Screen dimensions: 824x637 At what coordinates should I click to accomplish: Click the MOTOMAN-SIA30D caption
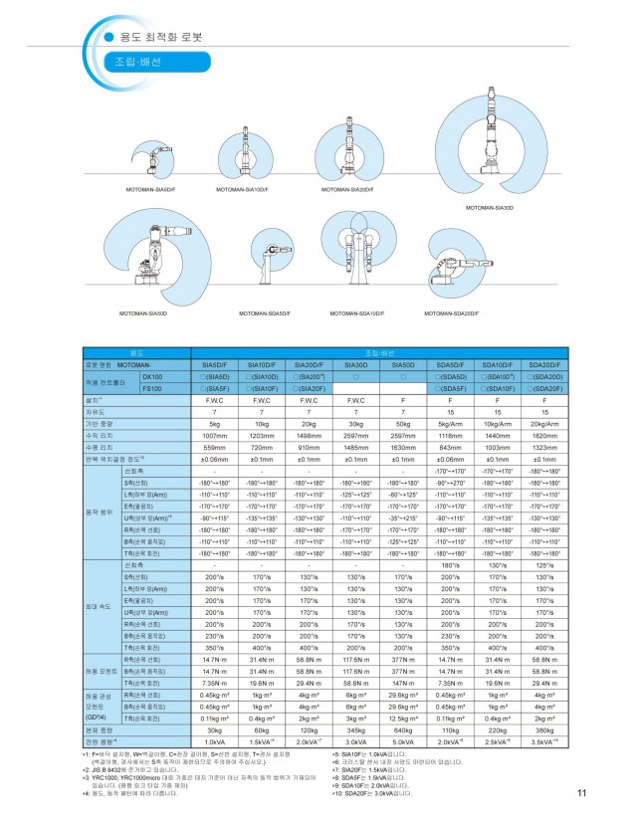click(x=490, y=208)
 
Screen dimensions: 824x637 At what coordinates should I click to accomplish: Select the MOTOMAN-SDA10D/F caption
click(x=357, y=313)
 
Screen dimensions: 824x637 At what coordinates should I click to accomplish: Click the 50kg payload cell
click(x=403, y=422)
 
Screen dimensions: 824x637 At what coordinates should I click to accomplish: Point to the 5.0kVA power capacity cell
click(x=403, y=740)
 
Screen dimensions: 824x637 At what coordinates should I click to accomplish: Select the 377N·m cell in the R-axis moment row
click(x=403, y=659)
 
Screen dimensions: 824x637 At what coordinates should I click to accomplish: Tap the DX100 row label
click(x=151, y=377)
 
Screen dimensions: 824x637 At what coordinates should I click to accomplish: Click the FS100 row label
click(x=151, y=388)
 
